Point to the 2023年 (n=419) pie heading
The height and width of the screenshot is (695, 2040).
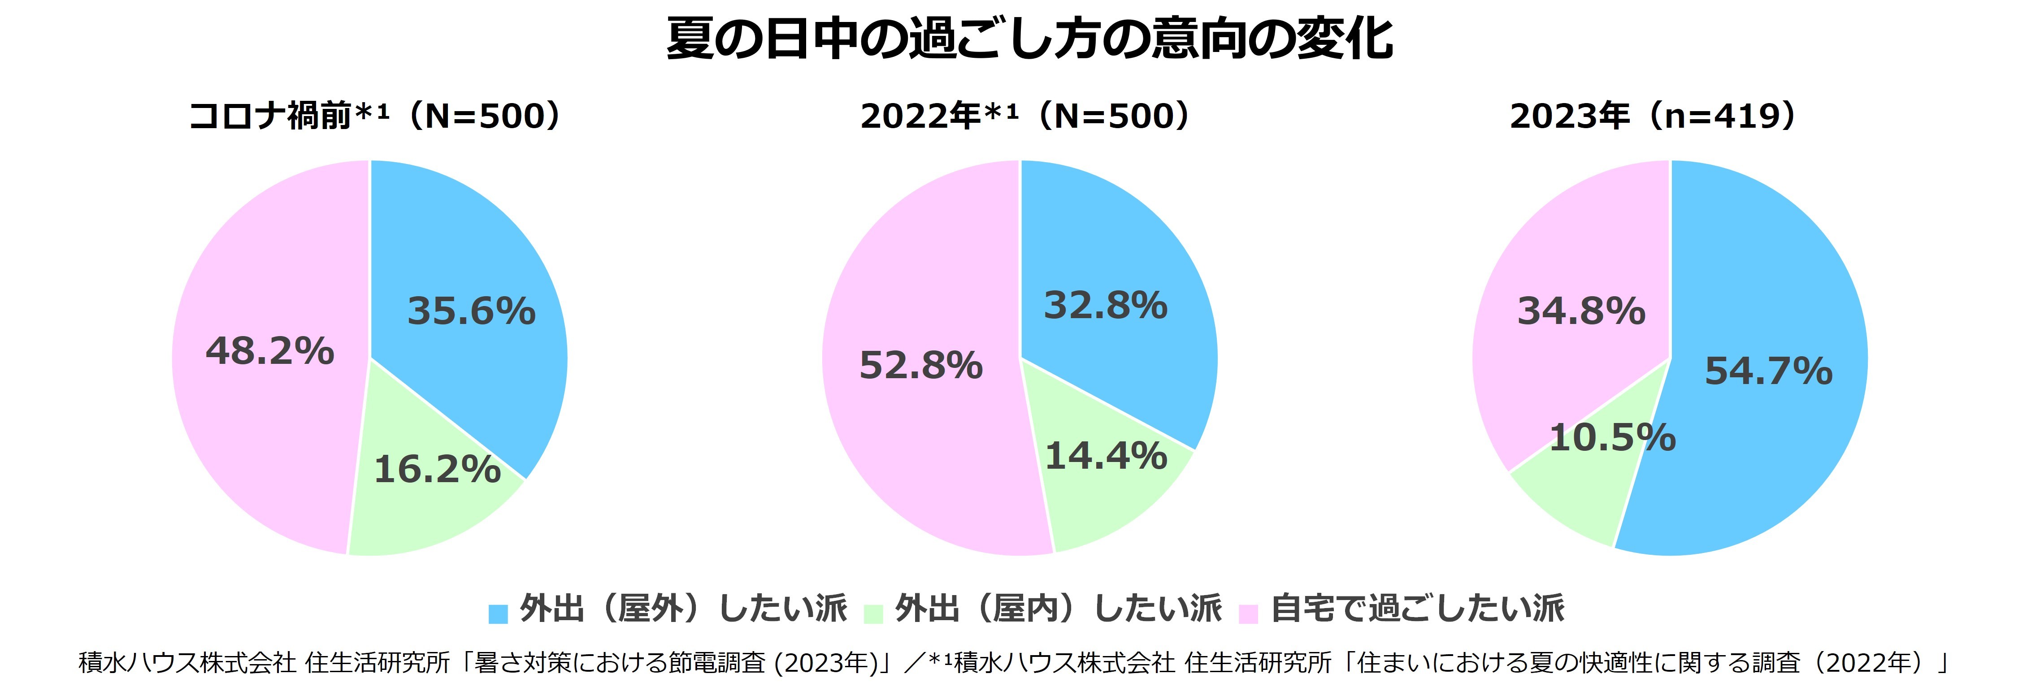(1655, 117)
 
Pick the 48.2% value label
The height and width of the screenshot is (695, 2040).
(270, 351)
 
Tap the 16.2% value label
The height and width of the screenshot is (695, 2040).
(437, 470)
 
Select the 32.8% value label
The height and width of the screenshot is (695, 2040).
(1106, 306)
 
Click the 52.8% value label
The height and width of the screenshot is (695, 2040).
(921, 366)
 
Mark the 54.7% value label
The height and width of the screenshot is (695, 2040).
(1768, 371)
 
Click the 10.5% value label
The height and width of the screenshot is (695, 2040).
(1612, 438)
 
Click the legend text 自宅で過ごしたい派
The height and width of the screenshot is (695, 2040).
(1418, 609)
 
